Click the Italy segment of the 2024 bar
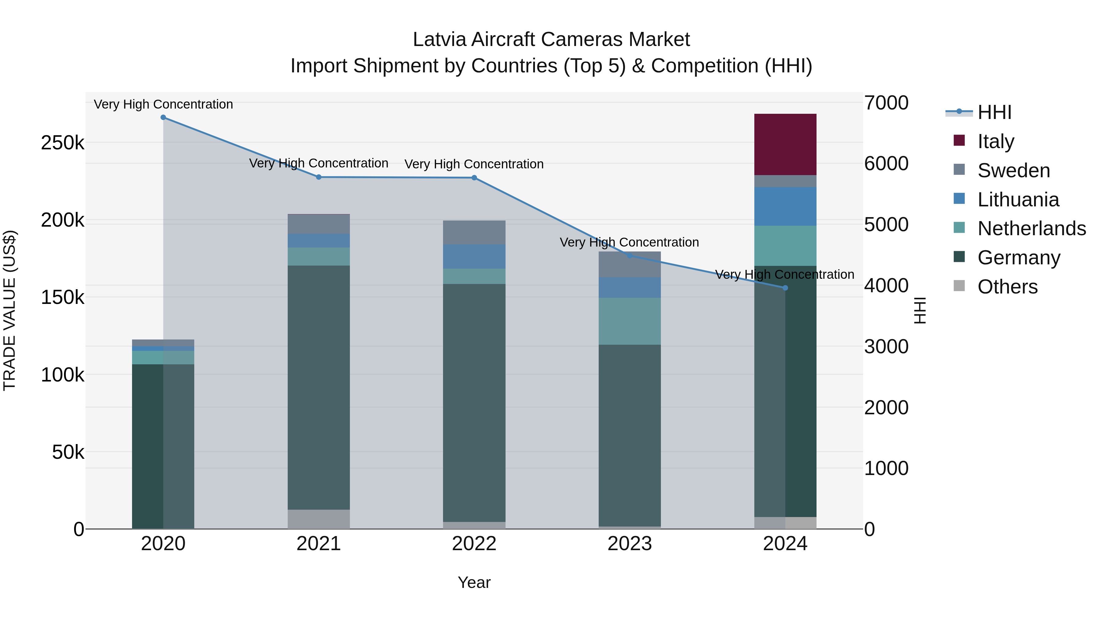785,144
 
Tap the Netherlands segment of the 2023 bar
629,321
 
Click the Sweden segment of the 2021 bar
319,224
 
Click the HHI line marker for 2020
163,117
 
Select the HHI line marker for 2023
629,256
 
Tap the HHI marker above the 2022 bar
474,178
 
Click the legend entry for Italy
995,141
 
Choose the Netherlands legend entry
1031,228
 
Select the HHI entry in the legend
994,112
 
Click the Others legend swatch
959,286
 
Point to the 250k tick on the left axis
63,143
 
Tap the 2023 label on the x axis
629,544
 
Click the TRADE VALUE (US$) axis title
9,310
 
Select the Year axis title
474,582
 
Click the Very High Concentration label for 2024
784,274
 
